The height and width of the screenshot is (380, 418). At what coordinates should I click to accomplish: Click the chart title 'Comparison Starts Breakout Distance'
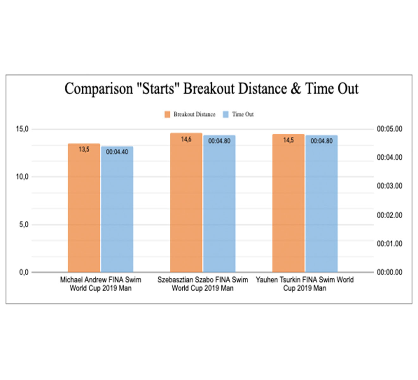tap(211, 88)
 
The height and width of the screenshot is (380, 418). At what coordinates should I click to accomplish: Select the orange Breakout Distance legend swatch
tap(167, 114)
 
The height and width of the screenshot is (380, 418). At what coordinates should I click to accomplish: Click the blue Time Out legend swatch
tap(225, 114)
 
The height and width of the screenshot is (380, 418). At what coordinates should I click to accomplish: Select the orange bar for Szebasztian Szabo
tap(186, 203)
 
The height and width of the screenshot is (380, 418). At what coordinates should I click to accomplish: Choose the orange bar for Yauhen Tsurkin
tap(288, 203)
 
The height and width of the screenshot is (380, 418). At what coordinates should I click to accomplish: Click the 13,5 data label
tap(84, 149)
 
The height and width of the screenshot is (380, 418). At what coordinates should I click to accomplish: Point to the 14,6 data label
tap(186, 139)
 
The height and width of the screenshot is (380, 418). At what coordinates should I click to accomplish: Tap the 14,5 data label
tap(288, 140)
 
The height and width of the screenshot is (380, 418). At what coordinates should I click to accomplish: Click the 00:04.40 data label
tap(117, 152)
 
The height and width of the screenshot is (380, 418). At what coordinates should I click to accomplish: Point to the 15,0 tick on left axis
tap(22, 129)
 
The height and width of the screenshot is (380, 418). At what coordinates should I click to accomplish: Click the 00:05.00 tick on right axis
tap(389, 129)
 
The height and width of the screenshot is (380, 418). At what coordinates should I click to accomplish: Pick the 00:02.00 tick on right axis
tap(389, 215)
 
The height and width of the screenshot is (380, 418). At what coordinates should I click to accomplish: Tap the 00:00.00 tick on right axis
tap(389, 272)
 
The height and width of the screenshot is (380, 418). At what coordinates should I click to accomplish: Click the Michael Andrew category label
tap(101, 284)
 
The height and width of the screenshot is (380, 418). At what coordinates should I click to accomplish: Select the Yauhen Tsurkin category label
tap(305, 284)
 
